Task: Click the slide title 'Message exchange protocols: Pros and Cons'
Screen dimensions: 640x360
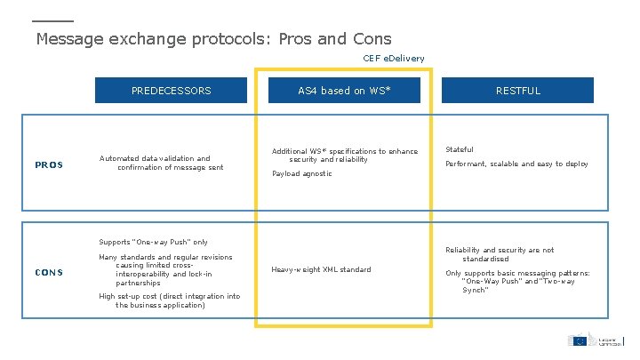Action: (x=213, y=39)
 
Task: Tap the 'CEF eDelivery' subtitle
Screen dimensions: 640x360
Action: (x=394, y=59)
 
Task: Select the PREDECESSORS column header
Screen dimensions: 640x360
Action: (x=172, y=91)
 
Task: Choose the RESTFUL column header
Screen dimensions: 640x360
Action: (x=518, y=91)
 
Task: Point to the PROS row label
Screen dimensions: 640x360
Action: (x=49, y=164)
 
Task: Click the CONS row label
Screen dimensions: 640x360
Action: (x=49, y=272)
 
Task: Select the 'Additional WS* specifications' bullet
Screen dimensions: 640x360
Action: (x=344, y=156)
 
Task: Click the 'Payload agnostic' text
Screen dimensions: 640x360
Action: (x=302, y=174)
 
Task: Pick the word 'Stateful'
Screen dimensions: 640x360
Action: (x=460, y=149)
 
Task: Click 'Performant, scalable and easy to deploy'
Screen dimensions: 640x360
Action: (x=516, y=164)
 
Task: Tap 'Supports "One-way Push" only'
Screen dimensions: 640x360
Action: (x=153, y=242)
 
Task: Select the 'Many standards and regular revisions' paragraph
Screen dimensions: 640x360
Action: (x=165, y=270)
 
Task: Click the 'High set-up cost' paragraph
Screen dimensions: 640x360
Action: (x=169, y=300)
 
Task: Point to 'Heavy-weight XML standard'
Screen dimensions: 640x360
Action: (x=321, y=268)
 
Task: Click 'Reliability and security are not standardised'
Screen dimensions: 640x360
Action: (x=499, y=254)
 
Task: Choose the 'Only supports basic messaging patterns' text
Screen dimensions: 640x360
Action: (x=517, y=281)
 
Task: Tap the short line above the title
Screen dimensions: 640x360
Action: (x=52, y=21)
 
